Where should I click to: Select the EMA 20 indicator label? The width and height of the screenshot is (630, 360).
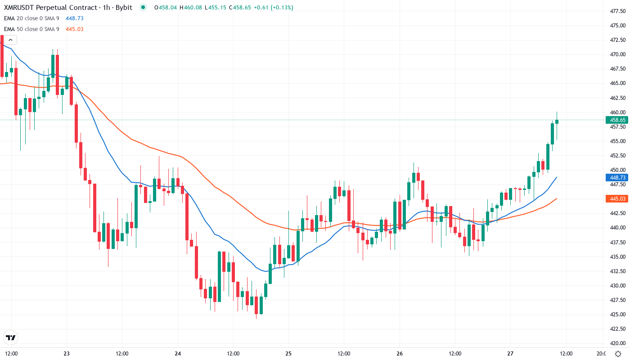pyautogui.click(x=31, y=18)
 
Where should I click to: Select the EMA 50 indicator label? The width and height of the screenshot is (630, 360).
pyautogui.click(x=31, y=29)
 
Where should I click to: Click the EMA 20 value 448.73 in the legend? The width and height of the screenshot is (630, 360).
pyautogui.click(x=74, y=18)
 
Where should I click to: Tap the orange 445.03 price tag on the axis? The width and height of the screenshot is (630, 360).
pyautogui.click(x=617, y=198)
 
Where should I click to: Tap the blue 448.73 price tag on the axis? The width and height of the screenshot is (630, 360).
pyautogui.click(x=617, y=177)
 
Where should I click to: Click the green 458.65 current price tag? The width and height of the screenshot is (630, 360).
pyautogui.click(x=617, y=120)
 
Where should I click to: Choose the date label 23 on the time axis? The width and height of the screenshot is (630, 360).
pyautogui.click(x=67, y=353)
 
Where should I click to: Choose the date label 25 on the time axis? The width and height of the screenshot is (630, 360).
pyautogui.click(x=288, y=353)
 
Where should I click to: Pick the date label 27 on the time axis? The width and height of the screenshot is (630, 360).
pyautogui.click(x=511, y=353)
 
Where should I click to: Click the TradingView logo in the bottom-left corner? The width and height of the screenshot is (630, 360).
pyautogui.click(x=11, y=337)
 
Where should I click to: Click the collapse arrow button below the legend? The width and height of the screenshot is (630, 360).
pyautogui.click(x=10, y=40)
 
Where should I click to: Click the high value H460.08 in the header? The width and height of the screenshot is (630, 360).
pyautogui.click(x=191, y=8)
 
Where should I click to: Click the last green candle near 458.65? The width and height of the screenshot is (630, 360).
pyautogui.click(x=557, y=121)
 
